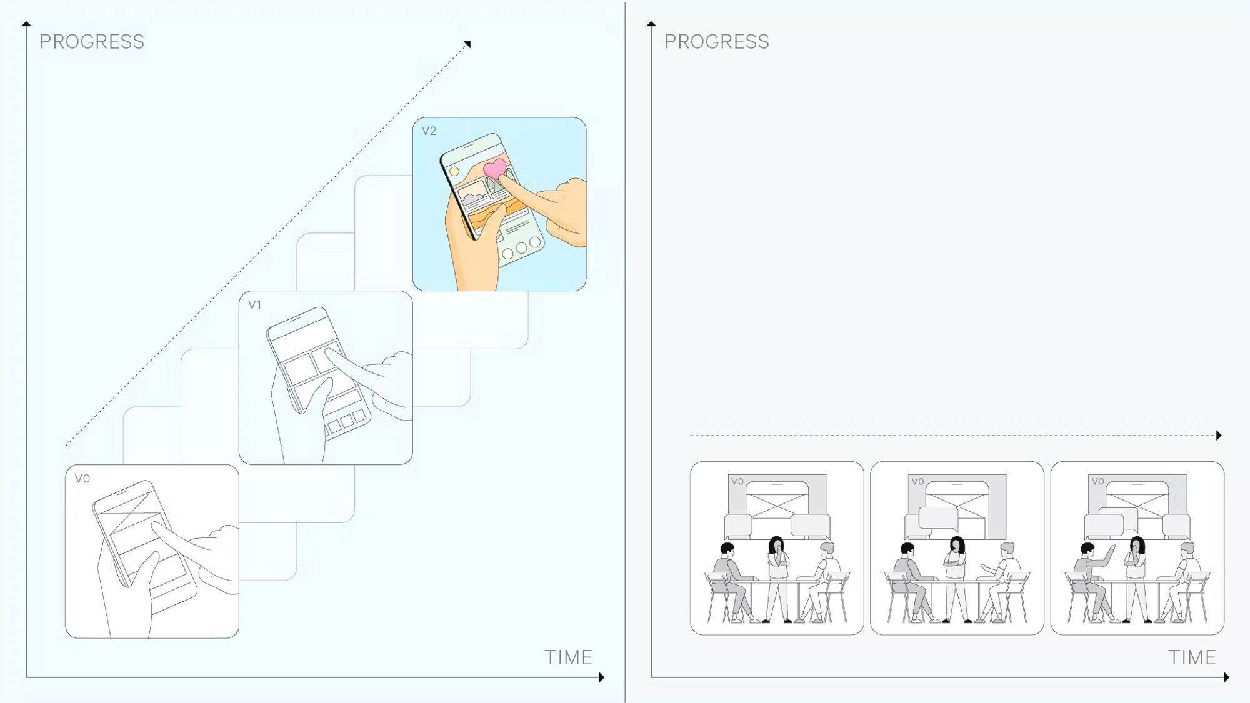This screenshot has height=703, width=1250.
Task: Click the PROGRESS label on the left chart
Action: coord(92,42)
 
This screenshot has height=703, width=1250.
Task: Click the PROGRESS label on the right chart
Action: coord(717,42)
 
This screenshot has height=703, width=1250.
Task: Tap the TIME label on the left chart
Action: coord(568,657)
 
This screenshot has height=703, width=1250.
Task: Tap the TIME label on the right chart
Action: coord(1192,657)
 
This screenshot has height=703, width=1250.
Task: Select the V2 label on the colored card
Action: coord(429,131)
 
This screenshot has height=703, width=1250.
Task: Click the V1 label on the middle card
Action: coord(254,305)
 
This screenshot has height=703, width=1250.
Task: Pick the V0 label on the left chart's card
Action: coord(82,479)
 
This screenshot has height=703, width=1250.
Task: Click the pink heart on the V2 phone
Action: coord(495,168)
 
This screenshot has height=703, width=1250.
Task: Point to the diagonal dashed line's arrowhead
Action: coord(467,44)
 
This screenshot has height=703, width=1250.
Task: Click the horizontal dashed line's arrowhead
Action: coord(1219,436)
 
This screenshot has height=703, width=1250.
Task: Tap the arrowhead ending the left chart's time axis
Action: coord(602,677)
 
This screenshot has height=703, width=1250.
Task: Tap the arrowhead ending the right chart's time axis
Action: coord(1227,677)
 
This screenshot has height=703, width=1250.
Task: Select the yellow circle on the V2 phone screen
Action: coord(454,171)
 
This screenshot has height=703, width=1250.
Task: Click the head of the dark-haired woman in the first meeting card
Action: coord(776,544)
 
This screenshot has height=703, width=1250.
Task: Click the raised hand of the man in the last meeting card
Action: coord(1112,549)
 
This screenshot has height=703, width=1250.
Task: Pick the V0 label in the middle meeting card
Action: coord(917,482)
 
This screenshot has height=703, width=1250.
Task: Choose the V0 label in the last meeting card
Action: coord(1097,482)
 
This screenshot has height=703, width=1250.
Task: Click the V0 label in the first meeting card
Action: coord(737,482)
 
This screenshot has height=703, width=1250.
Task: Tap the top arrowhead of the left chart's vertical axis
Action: coord(26,24)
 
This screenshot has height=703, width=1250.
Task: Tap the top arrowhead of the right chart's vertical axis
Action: coord(651,24)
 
